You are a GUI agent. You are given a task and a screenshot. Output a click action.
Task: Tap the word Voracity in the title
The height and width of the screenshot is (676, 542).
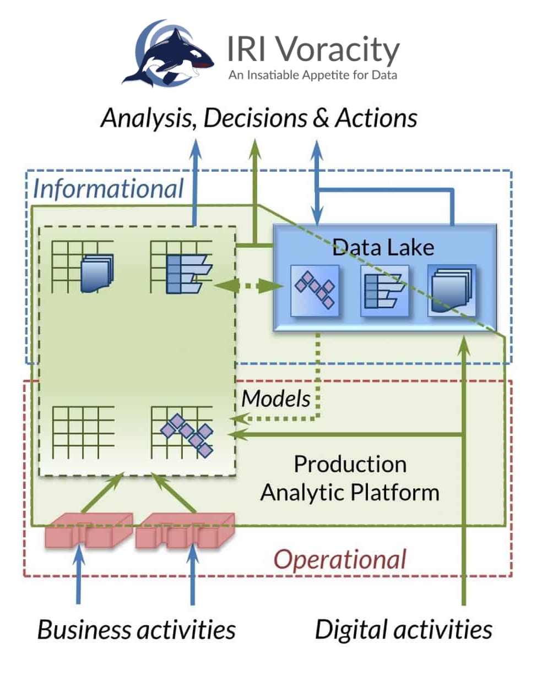point(337,50)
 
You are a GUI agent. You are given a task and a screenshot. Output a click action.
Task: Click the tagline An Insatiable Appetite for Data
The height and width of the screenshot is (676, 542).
point(312,75)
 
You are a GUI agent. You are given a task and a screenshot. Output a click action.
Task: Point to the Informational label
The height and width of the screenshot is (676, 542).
point(109,189)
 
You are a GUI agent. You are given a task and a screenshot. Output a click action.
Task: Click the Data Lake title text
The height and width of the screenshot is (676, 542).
point(383,247)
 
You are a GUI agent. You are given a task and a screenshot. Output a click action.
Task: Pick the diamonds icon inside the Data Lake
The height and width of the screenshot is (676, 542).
point(315,290)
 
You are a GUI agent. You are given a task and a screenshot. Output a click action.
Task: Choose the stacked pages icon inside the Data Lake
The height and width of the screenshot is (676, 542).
point(452,290)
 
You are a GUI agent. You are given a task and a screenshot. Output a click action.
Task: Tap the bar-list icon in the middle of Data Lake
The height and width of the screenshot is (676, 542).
point(384,290)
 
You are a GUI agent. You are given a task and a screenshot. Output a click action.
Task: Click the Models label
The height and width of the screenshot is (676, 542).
point(277,399)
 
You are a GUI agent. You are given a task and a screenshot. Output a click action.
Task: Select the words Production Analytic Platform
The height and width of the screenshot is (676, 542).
point(350,478)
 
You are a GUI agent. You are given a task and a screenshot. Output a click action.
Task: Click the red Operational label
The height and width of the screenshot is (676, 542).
point(340,560)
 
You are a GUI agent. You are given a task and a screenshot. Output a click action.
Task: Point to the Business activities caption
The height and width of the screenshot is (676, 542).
point(136,630)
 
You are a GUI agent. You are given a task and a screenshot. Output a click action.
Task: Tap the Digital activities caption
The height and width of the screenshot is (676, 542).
point(404,630)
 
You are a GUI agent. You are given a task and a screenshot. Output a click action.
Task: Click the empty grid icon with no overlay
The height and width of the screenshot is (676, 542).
point(83,432)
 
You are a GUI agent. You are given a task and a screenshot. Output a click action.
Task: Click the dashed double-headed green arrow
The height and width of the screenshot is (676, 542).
point(248,286)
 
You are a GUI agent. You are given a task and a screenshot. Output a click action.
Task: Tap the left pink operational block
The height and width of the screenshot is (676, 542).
point(88,530)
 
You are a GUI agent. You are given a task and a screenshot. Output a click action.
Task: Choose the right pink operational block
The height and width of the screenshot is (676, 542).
point(185,530)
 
